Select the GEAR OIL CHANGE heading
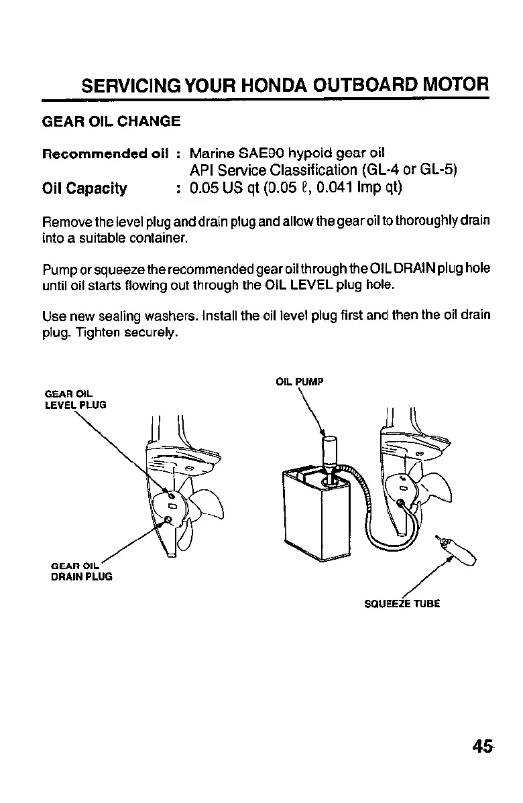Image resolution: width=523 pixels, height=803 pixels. pos(111,121)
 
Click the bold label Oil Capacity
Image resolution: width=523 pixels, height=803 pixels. pos(84,188)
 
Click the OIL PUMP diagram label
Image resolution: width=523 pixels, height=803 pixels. pos(300,383)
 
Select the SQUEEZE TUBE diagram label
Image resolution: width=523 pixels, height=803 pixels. pos(402,603)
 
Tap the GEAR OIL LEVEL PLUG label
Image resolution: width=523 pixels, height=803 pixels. pos(74,399)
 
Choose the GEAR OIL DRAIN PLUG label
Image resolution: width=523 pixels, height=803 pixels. pos(77,570)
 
